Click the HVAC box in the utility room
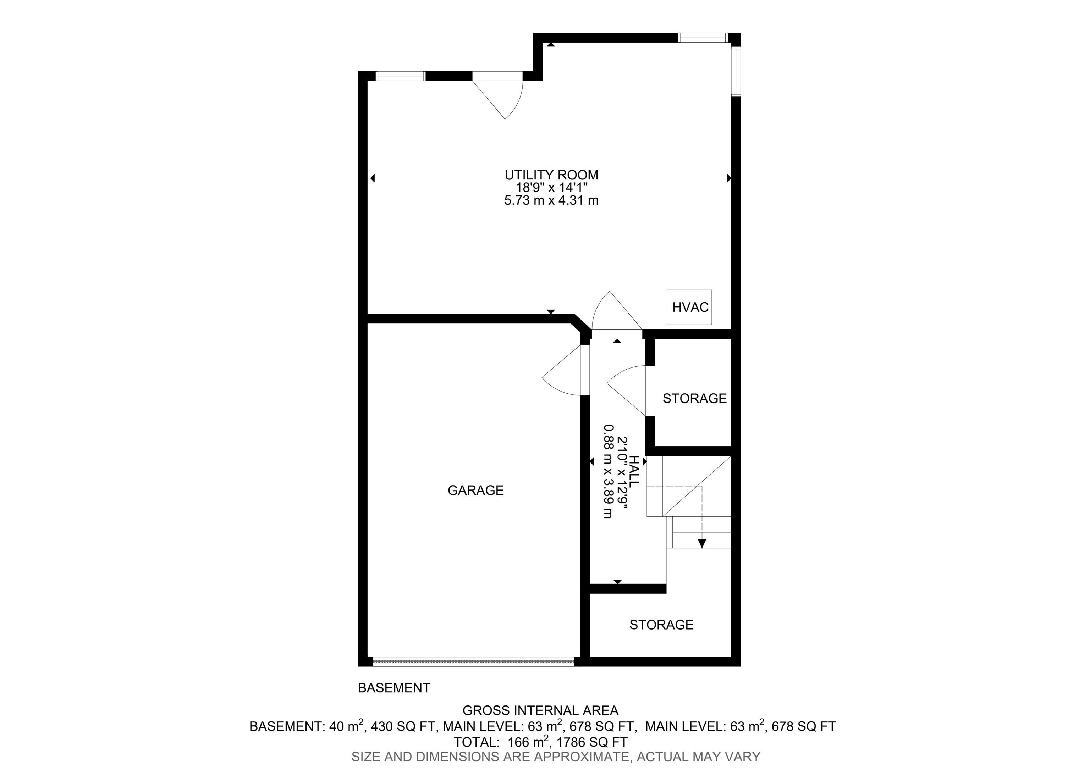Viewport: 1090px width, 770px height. pyautogui.click(x=688, y=308)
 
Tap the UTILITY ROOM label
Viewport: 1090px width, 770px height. pyautogui.click(x=551, y=175)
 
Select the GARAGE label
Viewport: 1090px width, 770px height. pyautogui.click(x=476, y=490)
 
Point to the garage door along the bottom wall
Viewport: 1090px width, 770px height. pyautogui.click(x=473, y=662)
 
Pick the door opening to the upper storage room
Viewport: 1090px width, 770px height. pyautogui.click(x=629, y=391)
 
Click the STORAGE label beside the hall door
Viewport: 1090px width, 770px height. pyautogui.click(x=694, y=399)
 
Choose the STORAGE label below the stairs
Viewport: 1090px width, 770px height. pyautogui.click(x=661, y=625)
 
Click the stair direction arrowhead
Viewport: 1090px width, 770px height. pyautogui.click(x=702, y=544)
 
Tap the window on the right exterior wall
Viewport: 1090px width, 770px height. pyautogui.click(x=736, y=72)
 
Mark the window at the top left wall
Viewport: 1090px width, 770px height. pyautogui.click(x=400, y=76)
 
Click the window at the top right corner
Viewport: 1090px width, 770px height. pyautogui.click(x=702, y=38)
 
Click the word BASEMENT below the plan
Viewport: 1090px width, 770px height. pyautogui.click(x=394, y=688)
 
